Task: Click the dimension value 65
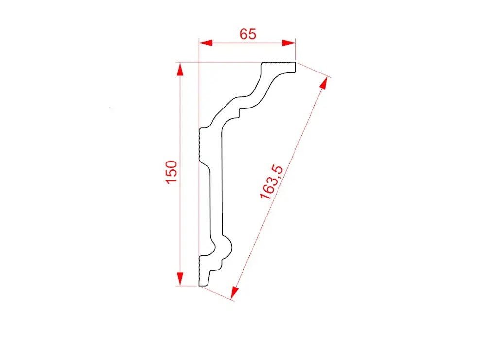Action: (x=248, y=34)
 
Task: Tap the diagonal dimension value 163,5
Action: (x=272, y=182)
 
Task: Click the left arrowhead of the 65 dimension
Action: (x=206, y=43)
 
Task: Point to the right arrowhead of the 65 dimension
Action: (x=289, y=43)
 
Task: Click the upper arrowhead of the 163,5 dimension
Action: (x=324, y=83)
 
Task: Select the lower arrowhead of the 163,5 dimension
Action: (x=235, y=293)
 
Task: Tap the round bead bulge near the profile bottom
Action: (x=229, y=248)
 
